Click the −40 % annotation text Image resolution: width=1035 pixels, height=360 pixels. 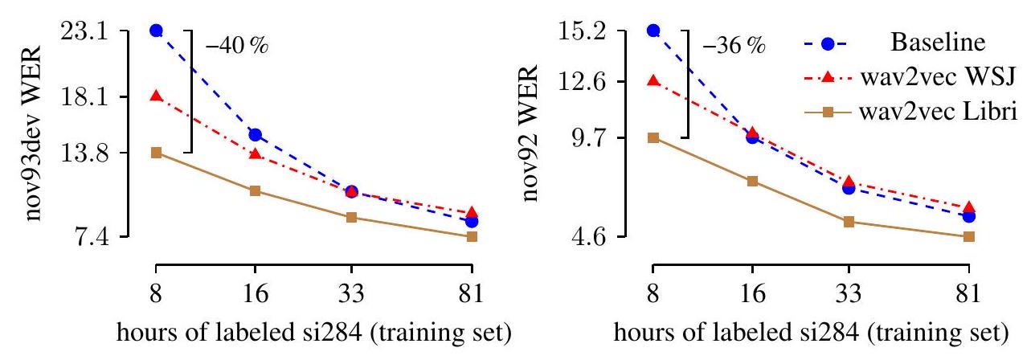(236, 45)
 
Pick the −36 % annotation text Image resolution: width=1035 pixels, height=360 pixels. (734, 45)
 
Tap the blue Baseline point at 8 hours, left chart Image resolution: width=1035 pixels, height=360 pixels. (156, 31)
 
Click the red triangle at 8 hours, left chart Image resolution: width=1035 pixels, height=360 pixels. (156, 96)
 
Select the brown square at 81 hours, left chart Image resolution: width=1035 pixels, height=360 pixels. (472, 236)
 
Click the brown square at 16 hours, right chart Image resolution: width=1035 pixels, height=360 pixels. (752, 181)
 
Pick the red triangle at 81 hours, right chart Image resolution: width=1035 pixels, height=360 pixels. (968, 207)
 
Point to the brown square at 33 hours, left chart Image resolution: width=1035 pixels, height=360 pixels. (351, 217)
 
